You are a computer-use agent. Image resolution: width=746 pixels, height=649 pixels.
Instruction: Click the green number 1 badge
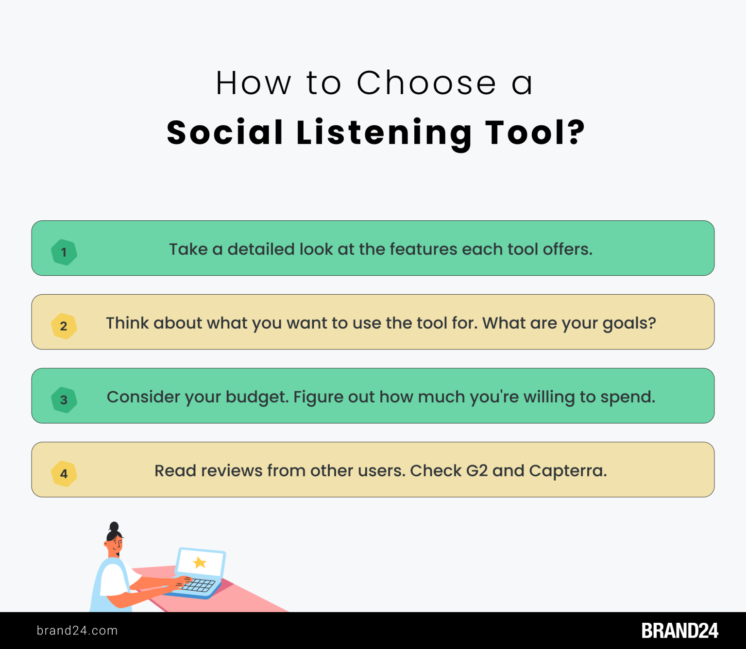point(64,252)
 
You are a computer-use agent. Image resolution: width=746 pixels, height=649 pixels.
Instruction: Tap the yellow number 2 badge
point(64,326)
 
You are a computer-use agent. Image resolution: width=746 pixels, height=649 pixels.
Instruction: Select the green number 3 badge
point(64,400)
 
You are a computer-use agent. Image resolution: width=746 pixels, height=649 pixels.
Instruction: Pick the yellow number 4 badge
point(64,474)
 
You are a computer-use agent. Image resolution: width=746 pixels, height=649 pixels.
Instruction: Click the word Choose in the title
point(426,83)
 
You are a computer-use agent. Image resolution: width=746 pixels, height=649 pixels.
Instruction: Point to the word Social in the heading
point(225,133)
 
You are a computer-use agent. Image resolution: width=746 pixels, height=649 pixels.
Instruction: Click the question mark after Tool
point(576,132)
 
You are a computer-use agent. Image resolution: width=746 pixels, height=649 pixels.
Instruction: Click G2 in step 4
point(476,471)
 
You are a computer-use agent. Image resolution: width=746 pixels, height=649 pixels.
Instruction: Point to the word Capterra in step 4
point(567,471)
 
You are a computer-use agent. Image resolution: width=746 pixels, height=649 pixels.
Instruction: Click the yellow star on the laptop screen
point(200,563)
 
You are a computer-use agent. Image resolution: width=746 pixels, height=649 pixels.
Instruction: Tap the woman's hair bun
point(114,526)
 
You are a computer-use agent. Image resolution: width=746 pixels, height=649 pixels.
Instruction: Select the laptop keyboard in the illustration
point(196,585)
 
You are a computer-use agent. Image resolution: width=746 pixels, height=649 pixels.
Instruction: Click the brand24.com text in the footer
point(77,631)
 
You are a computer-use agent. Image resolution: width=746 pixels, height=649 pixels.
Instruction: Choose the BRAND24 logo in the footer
point(679,631)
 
